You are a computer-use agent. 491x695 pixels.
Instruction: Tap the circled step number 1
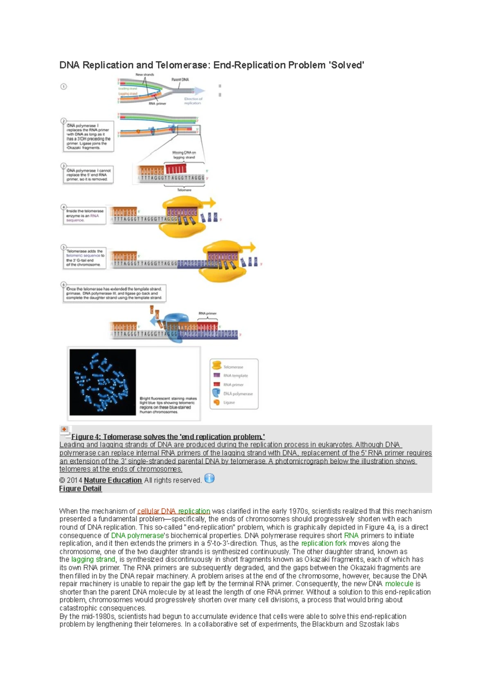coord(63,87)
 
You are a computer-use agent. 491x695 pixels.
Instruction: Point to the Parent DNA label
coord(180,79)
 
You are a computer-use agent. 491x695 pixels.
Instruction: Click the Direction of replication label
coord(193,101)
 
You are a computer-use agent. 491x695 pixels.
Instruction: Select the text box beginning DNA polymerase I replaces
coord(88,137)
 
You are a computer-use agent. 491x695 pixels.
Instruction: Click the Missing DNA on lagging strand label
coord(184,155)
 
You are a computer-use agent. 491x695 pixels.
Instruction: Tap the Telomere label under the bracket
coord(184,190)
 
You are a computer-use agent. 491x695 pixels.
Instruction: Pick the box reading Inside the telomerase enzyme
coord(84,216)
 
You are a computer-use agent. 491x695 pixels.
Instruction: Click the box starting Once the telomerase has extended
coord(114,293)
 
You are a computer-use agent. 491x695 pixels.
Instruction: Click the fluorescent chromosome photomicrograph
coord(103,382)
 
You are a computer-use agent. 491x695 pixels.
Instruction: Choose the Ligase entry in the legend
coord(229,402)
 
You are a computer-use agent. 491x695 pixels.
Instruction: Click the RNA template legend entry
coord(235,376)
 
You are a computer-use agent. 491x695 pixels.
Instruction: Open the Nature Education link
coord(113,480)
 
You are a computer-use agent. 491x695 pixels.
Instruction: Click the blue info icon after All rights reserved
coord(209,478)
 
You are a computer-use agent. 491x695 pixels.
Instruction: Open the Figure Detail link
coord(80,489)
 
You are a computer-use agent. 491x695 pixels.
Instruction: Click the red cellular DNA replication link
coord(173,511)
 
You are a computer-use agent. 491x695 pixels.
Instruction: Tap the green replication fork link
coord(324,544)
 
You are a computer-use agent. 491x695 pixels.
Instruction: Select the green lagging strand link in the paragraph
coord(93,560)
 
